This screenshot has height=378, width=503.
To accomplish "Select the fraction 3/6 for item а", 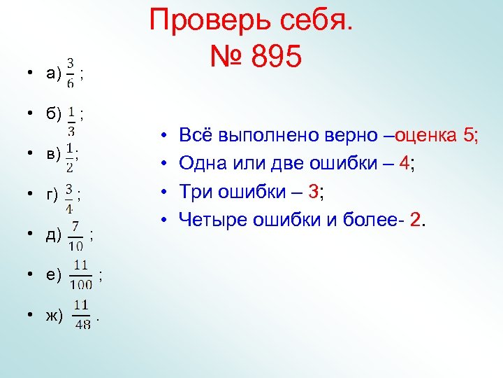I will click(x=71, y=73).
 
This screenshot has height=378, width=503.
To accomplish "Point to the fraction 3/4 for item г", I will click(x=69, y=198).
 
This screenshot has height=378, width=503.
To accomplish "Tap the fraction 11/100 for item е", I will click(x=81, y=274).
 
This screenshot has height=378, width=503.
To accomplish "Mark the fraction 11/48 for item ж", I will click(x=81, y=314).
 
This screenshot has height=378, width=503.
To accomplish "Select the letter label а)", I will click(x=52, y=73).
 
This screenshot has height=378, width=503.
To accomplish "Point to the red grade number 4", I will click(x=403, y=163).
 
